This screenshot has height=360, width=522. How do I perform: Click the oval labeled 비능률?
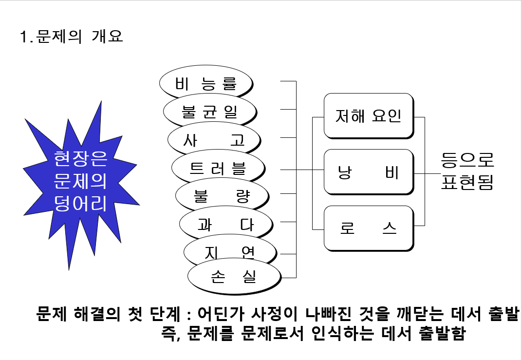click(x=205, y=84)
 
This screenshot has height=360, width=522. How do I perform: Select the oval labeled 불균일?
click(x=209, y=112)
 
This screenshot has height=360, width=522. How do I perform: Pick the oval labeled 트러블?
click(x=218, y=169)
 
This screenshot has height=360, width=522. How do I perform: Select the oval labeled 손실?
click(x=234, y=277)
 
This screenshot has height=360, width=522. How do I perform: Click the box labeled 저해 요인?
click(x=368, y=116)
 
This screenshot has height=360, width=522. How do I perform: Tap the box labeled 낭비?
click(x=368, y=172)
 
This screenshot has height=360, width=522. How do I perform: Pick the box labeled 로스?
click(x=368, y=228)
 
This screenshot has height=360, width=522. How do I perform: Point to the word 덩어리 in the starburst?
click(x=81, y=203)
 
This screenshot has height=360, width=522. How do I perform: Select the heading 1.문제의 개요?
click(x=71, y=37)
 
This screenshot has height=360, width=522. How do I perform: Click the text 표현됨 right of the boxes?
click(x=466, y=182)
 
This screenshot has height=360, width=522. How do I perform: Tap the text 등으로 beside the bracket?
click(x=466, y=159)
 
